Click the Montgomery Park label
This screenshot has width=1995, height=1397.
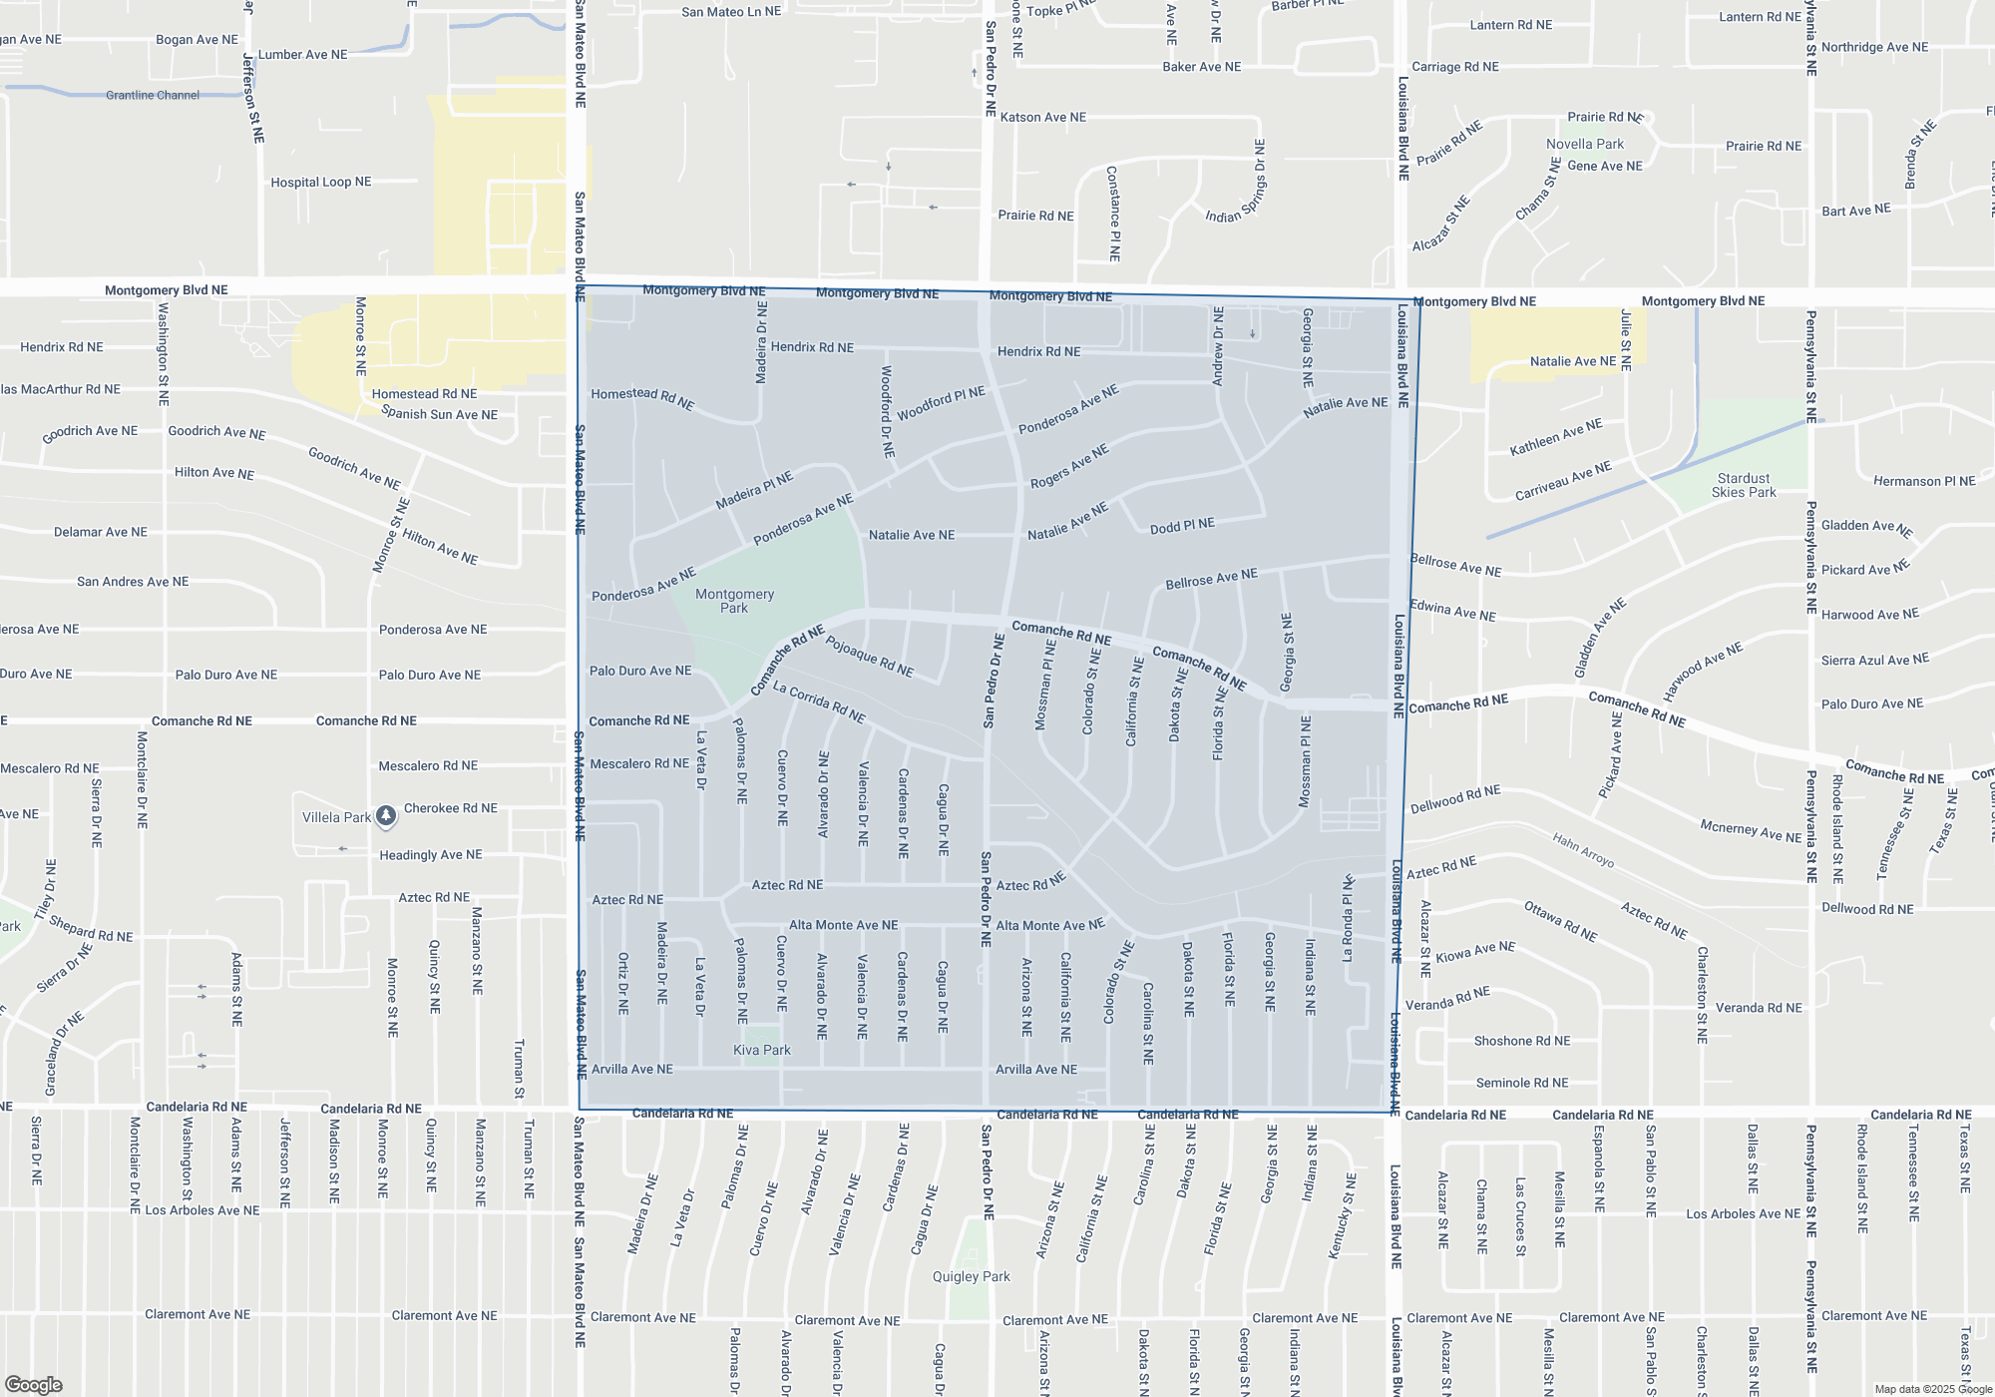coord(734,601)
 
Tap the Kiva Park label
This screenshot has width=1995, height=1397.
coord(762,1050)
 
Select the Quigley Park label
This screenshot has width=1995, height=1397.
coord(971,1276)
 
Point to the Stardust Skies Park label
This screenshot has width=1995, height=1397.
coord(1744,485)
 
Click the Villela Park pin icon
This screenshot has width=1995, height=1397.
coord(386,816)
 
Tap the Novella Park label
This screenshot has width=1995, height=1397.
coord(1585,144)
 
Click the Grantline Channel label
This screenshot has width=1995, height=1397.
coord(153,96)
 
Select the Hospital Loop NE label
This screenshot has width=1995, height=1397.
coord(320,183)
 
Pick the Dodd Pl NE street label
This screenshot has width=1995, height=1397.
coord(1182,526)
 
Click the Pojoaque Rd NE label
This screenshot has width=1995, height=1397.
coord(869,656)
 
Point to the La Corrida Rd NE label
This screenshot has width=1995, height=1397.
coord(819,702)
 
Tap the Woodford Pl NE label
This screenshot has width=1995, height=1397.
coord(941,403)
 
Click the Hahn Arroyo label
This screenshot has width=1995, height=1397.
coord(1583,850)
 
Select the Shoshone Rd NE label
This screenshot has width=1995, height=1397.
coord(1522,1041)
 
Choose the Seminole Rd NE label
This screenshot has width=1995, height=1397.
coord(1522,1083)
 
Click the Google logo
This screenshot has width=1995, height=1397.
coord(33,1384)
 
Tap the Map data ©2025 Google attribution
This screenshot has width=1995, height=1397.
coord(1932,1389)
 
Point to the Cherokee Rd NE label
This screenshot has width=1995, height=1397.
coord(450,808)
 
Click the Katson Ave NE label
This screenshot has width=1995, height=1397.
coord(1042,118)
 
